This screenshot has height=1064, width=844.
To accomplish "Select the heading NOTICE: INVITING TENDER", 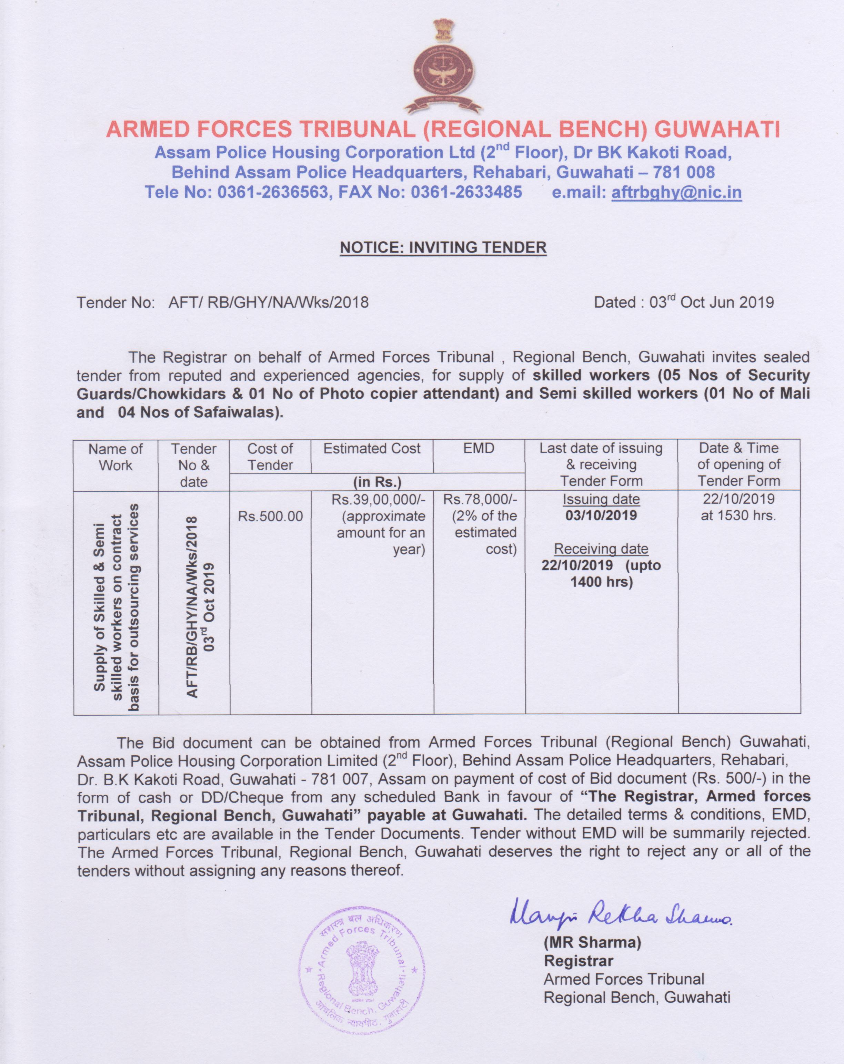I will point(443,247).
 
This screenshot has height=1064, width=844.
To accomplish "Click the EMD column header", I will point(479,448).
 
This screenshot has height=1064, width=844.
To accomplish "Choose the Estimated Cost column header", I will point(372,448).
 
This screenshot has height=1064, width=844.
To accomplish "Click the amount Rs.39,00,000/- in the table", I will point(378,499).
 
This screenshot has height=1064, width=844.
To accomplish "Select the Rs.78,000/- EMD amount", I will point(480,499).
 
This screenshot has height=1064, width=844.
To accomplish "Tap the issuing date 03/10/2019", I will point(601,516).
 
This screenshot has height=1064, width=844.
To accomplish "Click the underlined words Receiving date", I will point(601,549).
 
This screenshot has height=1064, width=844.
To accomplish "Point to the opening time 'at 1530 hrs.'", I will point(738,516).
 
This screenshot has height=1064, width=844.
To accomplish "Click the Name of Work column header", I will point(115,457).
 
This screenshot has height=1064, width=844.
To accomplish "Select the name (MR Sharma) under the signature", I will point(592,943).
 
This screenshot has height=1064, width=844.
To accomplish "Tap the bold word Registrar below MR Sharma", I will point(578,961).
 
